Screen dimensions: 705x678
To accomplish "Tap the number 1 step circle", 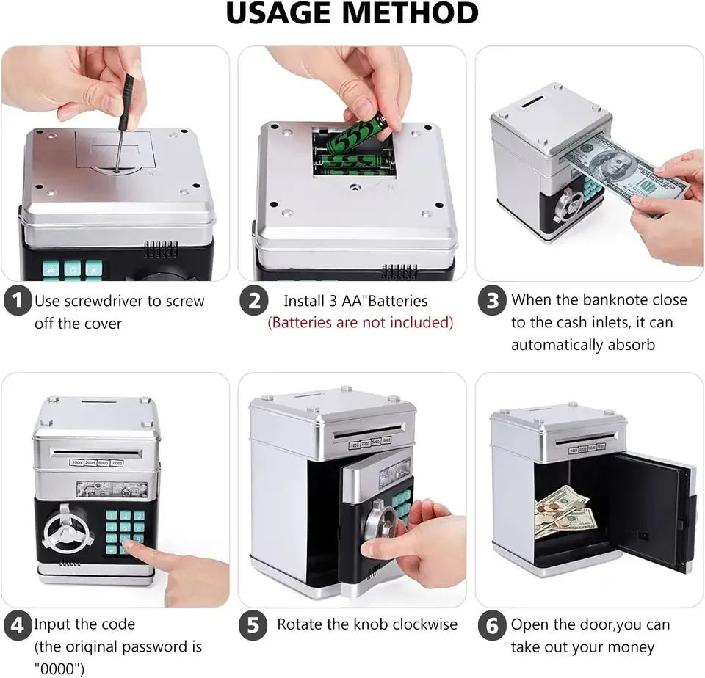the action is tap(18, 300).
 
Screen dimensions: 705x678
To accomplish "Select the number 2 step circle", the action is tap(253, 300).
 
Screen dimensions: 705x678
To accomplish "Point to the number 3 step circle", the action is tap(492, 300).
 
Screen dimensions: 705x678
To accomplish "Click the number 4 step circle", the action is tap(18, 625).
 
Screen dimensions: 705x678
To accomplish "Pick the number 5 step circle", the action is tap(253, 625).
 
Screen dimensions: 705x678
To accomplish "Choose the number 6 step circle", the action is tap(492, 625).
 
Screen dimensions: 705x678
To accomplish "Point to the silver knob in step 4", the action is tap(65, 531).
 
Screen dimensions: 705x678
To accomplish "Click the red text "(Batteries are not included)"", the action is tap(360, 323).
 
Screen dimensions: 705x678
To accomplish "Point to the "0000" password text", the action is tap(59, 668).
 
